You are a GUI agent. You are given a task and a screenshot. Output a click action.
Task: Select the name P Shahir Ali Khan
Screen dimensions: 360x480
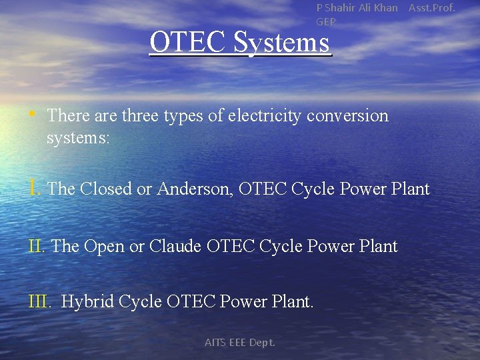click(x=357, y=8)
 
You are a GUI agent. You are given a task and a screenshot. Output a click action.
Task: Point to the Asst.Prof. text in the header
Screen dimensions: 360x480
click(x=431, y=8)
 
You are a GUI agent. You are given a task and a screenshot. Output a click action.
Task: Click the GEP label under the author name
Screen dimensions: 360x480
click(x=326, y=22)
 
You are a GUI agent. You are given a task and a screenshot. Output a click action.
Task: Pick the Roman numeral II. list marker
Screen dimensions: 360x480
click(x=37, y=246)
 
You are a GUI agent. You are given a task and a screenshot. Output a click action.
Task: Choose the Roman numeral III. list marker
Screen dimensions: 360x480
click(x=39, y=302)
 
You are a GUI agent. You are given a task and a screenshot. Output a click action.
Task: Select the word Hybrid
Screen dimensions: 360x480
click(x=87, y=303)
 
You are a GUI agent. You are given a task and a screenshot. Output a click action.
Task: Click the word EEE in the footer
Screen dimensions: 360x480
click(x=237, y=343)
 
